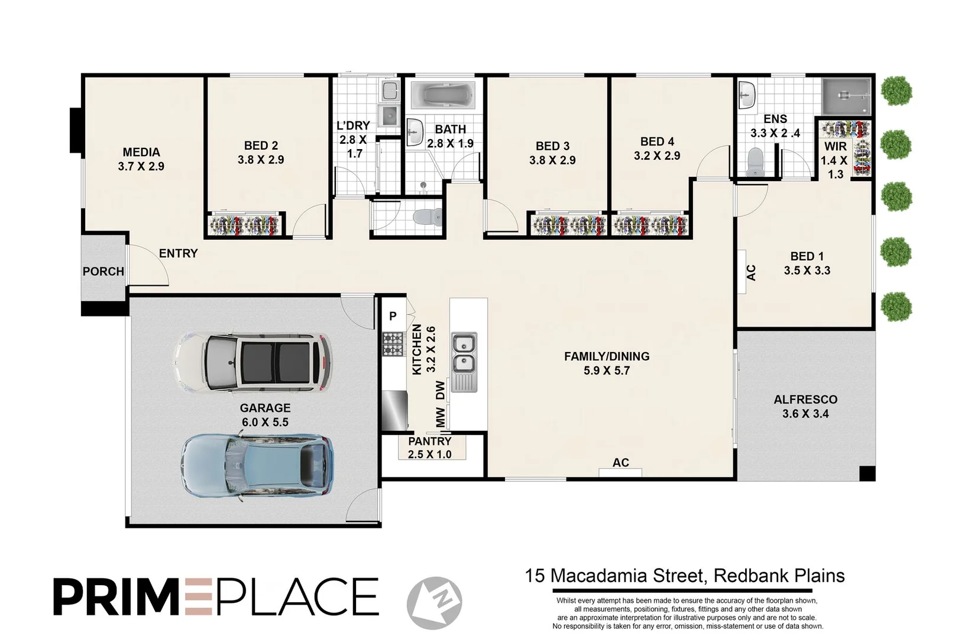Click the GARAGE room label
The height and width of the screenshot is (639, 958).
[265, 408]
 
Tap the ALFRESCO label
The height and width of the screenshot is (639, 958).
[805, 400]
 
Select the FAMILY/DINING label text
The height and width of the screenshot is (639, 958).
[607, 356]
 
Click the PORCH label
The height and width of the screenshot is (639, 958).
[103, 272]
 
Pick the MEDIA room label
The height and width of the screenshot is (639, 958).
[141, 152]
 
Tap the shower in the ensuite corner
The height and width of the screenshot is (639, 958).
[847, 96]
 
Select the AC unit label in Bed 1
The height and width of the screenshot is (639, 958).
[751, 272]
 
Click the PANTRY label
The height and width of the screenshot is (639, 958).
[429, 441]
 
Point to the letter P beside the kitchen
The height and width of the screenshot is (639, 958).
[393, 317]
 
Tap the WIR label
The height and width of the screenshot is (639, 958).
[835, 146]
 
